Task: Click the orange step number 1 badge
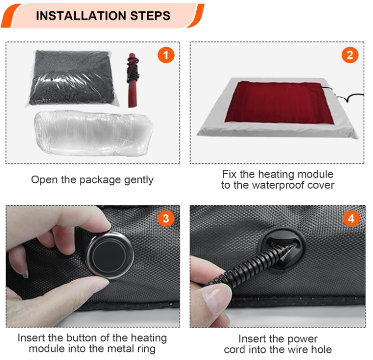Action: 165,55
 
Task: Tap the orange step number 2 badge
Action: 350,55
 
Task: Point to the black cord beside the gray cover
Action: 348,97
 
